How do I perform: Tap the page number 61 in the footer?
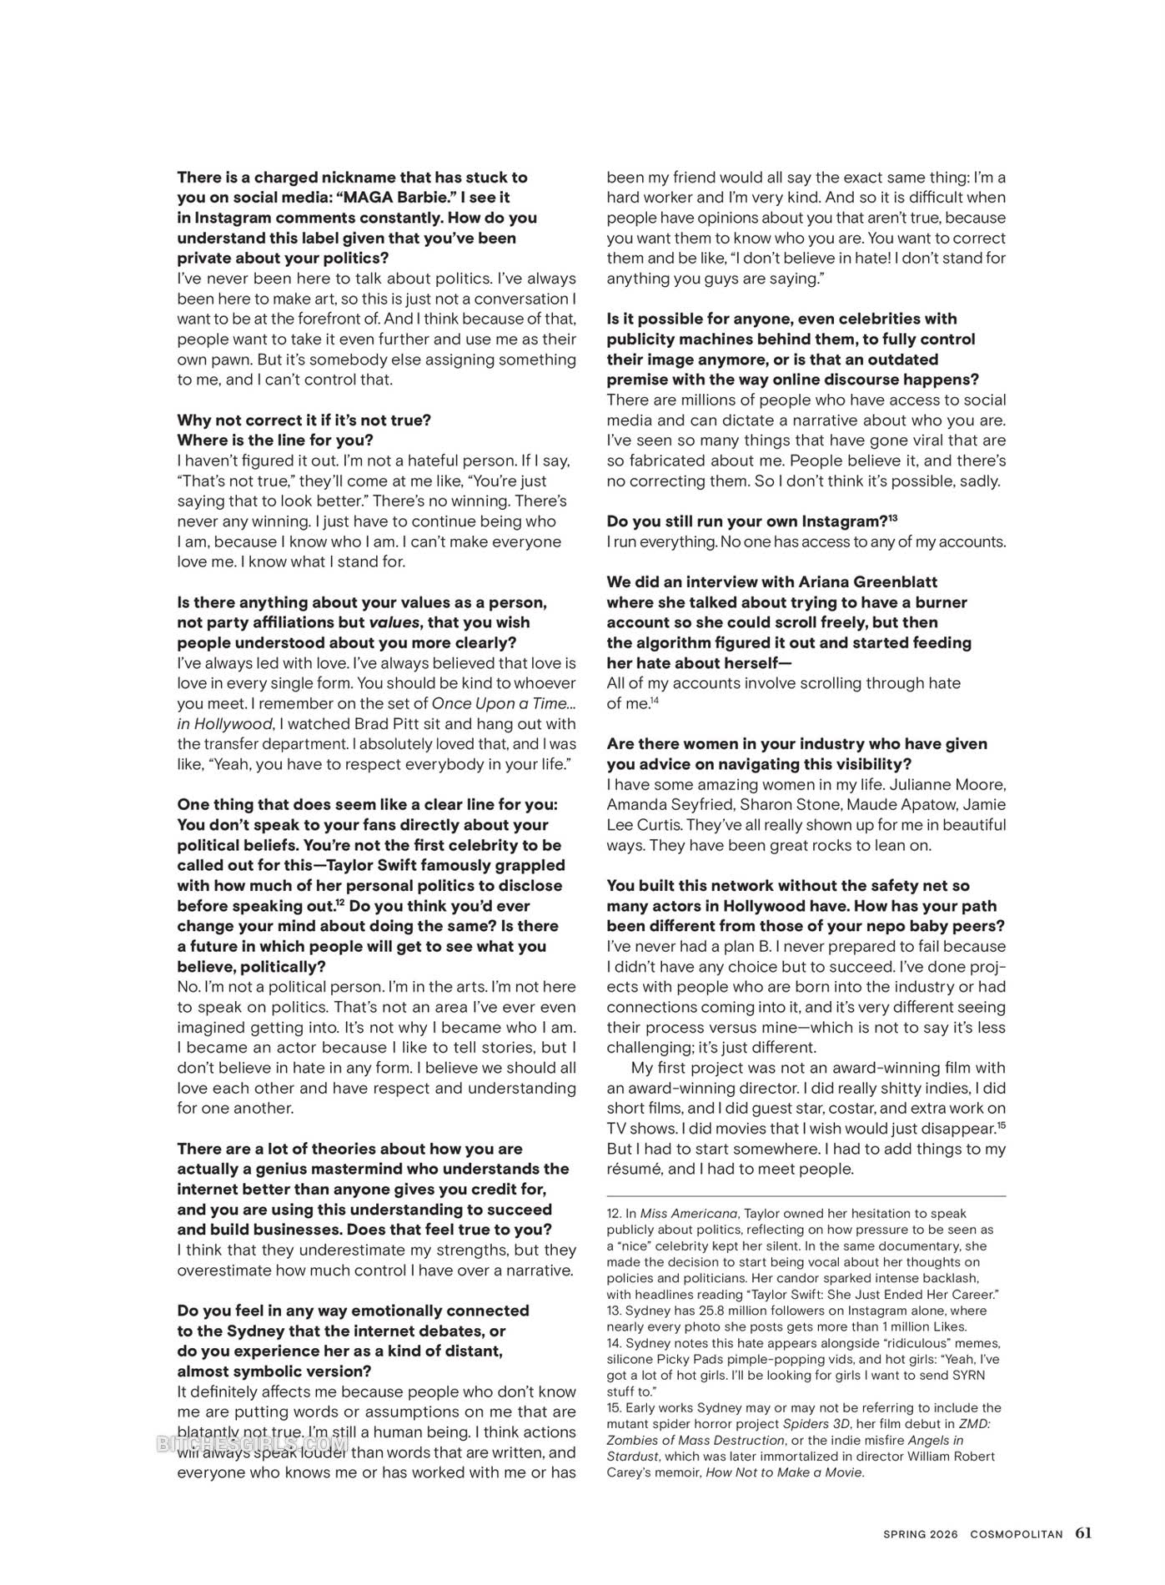tap(1082, 1532)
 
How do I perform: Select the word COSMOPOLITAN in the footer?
tap(1017, 1534)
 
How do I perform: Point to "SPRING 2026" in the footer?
tap(921, 1534)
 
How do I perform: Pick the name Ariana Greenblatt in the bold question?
tap(867, 581)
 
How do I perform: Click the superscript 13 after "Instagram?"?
tap(892, 518)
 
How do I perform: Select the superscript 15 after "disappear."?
tap(1002, 1125)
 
